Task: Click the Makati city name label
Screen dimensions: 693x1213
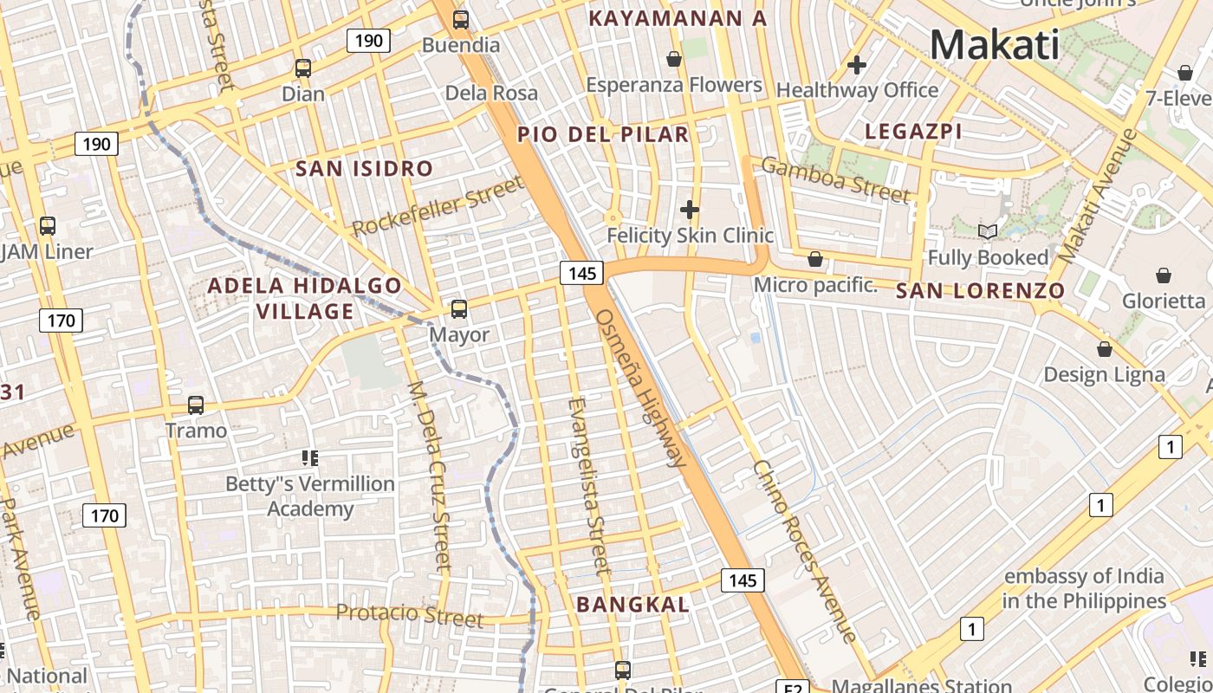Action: pos(995,45)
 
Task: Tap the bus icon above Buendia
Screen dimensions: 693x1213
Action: pos(461,19)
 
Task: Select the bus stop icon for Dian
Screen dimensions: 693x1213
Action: pos(303,68)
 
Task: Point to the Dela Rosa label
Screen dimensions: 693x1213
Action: pos(491,93)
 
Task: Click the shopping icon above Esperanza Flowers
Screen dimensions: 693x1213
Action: pos(674,59)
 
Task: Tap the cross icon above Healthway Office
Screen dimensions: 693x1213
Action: pos(857,64)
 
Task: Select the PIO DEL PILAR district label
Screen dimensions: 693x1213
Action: pos(603,134)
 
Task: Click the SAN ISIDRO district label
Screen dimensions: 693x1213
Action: pos(364,169)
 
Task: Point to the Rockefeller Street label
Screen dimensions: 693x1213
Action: pos(438,206)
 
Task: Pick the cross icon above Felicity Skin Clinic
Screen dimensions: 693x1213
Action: pos(690,210)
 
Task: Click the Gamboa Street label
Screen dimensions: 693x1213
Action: pos(835,179)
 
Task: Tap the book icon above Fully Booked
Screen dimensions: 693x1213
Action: pos(988,231)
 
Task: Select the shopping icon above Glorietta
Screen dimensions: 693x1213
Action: pos(1164,275)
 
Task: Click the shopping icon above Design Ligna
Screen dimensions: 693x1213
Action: pos(1105,349)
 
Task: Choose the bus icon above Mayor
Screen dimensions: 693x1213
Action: pos(459,308)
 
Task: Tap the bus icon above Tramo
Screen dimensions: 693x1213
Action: pos(196,405)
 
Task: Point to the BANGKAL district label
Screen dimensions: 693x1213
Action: pos(633,605)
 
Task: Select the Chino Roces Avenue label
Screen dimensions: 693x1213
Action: pos(805,551)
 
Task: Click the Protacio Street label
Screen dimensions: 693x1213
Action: pos(409,615)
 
